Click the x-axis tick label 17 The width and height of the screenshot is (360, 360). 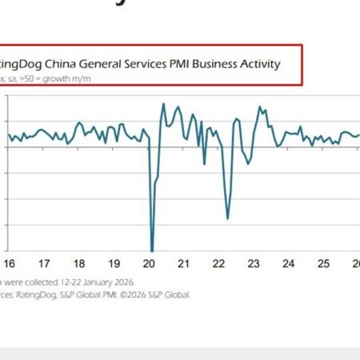[x=45, y=263]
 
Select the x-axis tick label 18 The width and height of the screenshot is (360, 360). [x=79, y=263]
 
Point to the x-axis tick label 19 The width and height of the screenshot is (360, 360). [x=114, y=263]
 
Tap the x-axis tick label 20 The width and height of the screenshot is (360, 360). [x=149, y=263]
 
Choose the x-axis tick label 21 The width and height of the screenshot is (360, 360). [x=184, y=263]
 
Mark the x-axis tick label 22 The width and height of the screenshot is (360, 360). [x=219, y=263]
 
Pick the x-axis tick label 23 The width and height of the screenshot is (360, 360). [x=254, y=263]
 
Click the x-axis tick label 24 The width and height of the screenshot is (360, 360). [x=289, y=263]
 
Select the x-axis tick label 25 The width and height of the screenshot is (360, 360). [x=324, y=263]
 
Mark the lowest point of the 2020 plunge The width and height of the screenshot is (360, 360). [x=152, y=251]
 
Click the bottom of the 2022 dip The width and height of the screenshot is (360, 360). [x=228, y=218]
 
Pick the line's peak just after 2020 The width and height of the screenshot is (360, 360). [x=163, y=104]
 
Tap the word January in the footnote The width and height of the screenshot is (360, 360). [x=90, y=282]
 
